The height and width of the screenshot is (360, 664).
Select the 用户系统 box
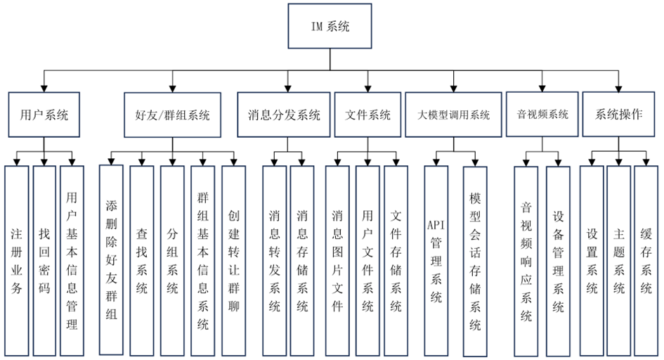pos(43,115)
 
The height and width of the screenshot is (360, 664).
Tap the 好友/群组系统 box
pos(172,115)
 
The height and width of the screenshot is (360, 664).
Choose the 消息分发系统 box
pos(284,115)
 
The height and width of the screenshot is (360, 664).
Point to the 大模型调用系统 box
pos(453,115)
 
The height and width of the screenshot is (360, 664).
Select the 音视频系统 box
pos(542,114)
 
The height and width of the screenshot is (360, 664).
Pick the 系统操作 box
pos(618,114)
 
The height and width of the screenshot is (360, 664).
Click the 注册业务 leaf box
pos(17,260)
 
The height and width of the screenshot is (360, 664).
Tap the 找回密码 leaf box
pos(44,260)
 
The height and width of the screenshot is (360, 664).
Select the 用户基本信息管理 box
pos(72,260)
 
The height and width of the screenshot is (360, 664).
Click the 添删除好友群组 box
pos(111,260)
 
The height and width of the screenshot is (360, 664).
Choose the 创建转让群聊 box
pos(233,260)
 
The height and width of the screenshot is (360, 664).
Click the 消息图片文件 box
pos(337,260)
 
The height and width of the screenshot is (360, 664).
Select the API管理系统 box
pos(436,260)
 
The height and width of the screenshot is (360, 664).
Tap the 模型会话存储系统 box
pos(475,260)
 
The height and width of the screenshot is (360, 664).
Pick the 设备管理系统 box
pos(558,260)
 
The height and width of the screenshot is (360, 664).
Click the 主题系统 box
pos(618,260)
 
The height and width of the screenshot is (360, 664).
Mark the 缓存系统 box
pos(646,260)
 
